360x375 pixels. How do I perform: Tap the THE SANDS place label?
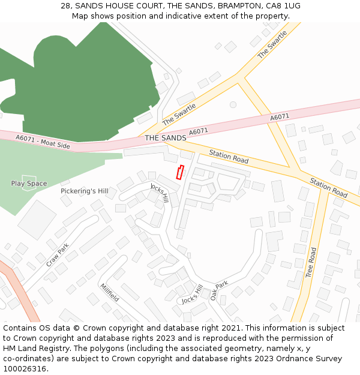(x=166, y=138)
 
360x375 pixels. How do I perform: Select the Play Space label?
(x=29, y=184)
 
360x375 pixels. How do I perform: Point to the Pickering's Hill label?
(x=85, y=191)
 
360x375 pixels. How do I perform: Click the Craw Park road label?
(x=58, y=254)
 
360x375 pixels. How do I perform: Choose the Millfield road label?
(x=109, y=292)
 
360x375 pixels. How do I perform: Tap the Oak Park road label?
(x=219, y=290)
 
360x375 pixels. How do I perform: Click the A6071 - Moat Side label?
(x=43, y=143)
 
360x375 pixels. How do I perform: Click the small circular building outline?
(x=233, y=104)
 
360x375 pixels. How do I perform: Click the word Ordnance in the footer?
(x=284, y=358)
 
